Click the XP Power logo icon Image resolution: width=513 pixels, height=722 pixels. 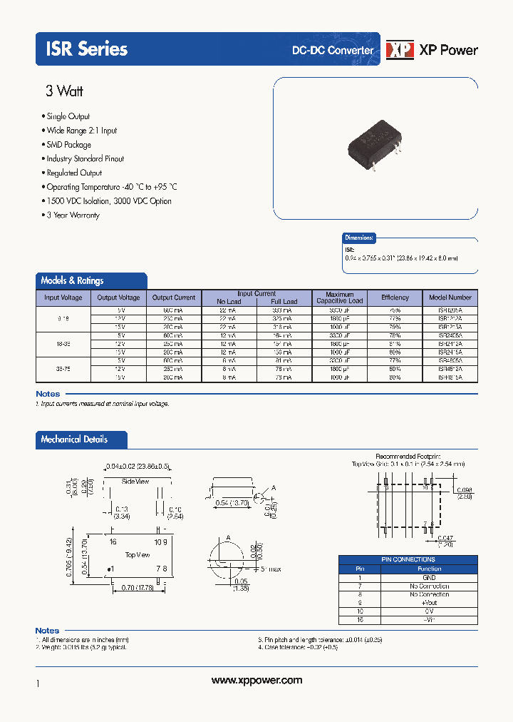coord(400,49)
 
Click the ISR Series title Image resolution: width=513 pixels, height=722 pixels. coord(87,49)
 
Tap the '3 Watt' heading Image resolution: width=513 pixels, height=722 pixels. coord(64,91)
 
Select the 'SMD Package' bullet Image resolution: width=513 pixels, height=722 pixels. coord(68,145)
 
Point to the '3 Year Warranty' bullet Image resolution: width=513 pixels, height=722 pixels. coord(73,215)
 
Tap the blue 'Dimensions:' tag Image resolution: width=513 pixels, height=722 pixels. coord(359,238)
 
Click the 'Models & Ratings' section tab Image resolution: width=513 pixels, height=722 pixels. coord(73,280)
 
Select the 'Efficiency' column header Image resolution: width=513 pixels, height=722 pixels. coord(395,298)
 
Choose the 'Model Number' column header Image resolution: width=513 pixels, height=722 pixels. coord(450,298)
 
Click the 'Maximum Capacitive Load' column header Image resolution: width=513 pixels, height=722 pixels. coord(340,298)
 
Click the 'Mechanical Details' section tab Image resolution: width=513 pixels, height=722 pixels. coord(75,439)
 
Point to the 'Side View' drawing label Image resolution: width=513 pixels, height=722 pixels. coord(135,482)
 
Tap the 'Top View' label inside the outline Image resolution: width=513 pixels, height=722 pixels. coord(138,554)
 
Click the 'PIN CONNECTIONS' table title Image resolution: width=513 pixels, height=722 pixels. coord(408,559)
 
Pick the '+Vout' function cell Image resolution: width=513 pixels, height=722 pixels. coord(429,603)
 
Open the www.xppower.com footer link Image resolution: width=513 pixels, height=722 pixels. coord(256,681)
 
